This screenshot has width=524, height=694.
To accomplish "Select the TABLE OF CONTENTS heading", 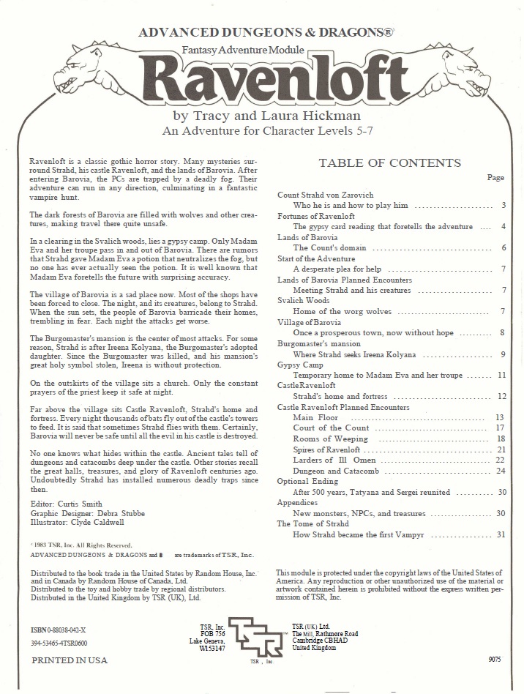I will [x=389, y=163].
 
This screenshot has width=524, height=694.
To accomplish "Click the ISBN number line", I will [x=58, y=629].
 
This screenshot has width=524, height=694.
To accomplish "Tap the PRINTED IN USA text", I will [x=69, y=660].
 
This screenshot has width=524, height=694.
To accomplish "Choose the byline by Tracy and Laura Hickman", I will [x=263, y=116].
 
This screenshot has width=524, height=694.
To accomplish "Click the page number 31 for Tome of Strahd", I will [x=501, y=534].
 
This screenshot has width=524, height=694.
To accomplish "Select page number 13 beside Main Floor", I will [x=500, y=417].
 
